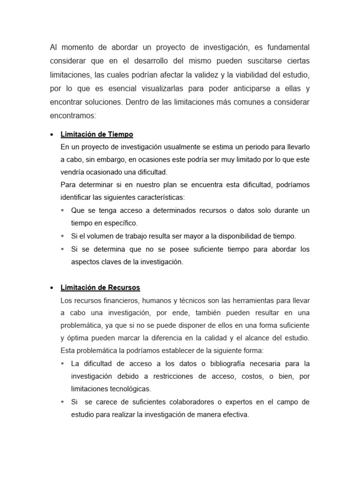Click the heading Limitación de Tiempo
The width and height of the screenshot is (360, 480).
(97, 135)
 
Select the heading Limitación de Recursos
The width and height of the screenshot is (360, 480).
(100, 287)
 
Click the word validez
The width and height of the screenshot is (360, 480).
(220, 75)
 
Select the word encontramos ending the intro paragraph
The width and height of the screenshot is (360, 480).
(73, 115)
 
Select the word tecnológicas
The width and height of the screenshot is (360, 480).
(134, 389)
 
